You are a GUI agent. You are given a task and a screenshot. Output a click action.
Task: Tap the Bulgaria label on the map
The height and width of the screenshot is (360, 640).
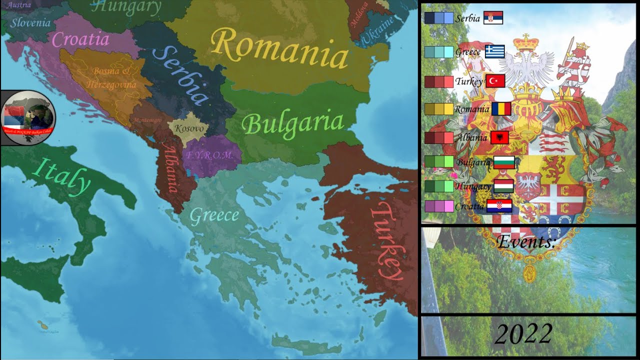click(x=293, y=123)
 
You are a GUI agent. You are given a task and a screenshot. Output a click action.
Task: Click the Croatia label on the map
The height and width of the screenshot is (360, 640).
click(x=80, y=39)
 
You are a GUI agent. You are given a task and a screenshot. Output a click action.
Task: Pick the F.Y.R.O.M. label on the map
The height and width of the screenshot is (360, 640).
click(x=210, y=155)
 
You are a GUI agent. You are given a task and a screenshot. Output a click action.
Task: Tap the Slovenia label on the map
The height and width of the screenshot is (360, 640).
click(x=30, y=22)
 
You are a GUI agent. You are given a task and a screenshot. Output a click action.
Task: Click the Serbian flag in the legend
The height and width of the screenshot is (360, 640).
click(x=493, y=18)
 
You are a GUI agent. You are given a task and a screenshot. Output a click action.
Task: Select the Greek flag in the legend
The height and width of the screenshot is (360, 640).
click(x=495, y=51)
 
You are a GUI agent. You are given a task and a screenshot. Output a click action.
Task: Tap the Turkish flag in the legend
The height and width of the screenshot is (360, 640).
click(x=495, y=81)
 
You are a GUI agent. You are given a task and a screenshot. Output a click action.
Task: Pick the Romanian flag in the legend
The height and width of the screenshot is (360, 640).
click(x=501, y=108)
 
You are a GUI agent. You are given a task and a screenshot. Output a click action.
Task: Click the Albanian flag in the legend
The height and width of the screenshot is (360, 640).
click(x=499, y=137)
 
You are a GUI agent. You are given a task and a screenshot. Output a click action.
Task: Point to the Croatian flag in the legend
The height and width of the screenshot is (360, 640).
click(x=499, y=206)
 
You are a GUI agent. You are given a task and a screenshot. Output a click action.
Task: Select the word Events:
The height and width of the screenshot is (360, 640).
click(x=526, y=242)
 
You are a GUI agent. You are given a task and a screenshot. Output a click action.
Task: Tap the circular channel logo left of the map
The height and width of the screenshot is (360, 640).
click(x=28, y=118)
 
